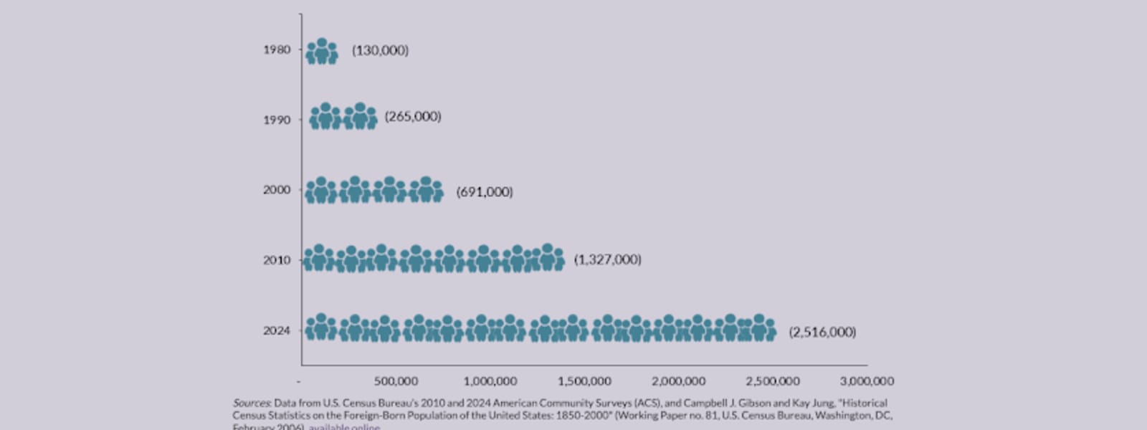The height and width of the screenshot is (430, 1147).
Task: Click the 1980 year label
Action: pyautogui.click(x=277, y=49)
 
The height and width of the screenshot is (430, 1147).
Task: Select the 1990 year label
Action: pyautogui.click(x=277, y=120)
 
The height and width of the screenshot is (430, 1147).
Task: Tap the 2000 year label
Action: pyautogui.click(x=277, y=190)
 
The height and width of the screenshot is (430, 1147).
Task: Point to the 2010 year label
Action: pyautogui.click(x=277, y=260)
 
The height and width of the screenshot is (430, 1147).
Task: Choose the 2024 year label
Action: pyautogui.click(x=277, y=330)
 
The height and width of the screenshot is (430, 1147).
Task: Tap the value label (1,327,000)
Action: pyautogui.click(x=607, y=259)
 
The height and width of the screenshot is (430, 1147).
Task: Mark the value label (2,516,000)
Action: pyautogui.click(x=822, y=332)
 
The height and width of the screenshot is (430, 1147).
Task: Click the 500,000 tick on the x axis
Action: pyautogui.click(x=396, y=381)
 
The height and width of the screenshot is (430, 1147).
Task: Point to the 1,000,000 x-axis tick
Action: pyautogui.click(x=490, y=381)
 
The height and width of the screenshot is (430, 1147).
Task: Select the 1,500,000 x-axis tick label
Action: pyautogui.click(x=584, y=381)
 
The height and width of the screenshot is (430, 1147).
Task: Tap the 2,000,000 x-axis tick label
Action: pyautogui.click(x=678, y=381)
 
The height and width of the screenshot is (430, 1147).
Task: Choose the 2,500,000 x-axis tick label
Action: pyautogui.click(x=773, y=381)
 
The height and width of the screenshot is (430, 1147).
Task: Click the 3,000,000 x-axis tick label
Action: pyautogui.click(x=867, y=381)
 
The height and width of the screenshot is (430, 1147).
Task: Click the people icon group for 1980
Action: pyautogui.click(x=322, y=52)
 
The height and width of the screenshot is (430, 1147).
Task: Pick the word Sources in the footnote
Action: pyautogui.click(x=252, y=403)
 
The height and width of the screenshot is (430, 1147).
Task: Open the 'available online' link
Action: pyautogui.click(x=345, y=426)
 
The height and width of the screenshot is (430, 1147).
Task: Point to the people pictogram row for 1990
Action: pyautogui.click(x=343, y=117)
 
